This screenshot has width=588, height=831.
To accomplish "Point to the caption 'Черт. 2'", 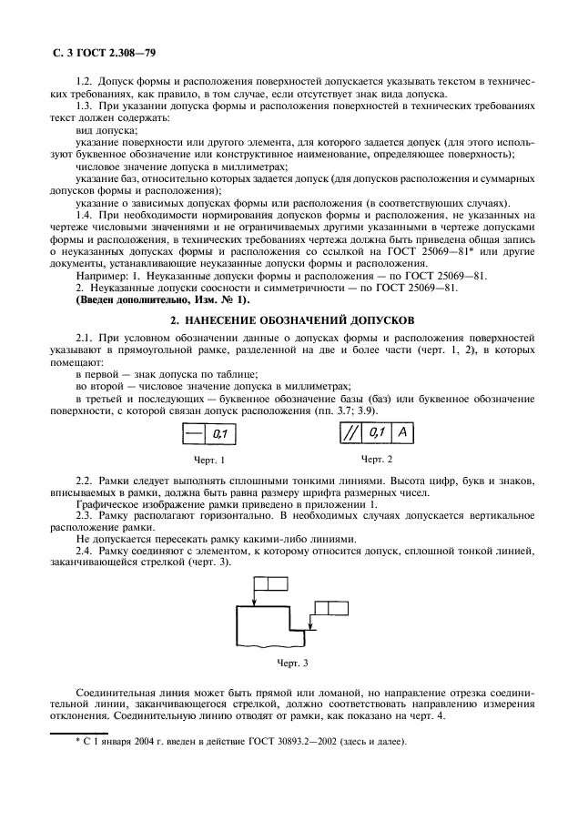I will tap(377, 459).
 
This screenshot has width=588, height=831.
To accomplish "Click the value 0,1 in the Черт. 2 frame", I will tap(374, 436).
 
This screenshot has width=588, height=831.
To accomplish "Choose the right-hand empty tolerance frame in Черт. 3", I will tap(330, 607).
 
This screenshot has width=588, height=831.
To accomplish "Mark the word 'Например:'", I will tap(103, 275).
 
